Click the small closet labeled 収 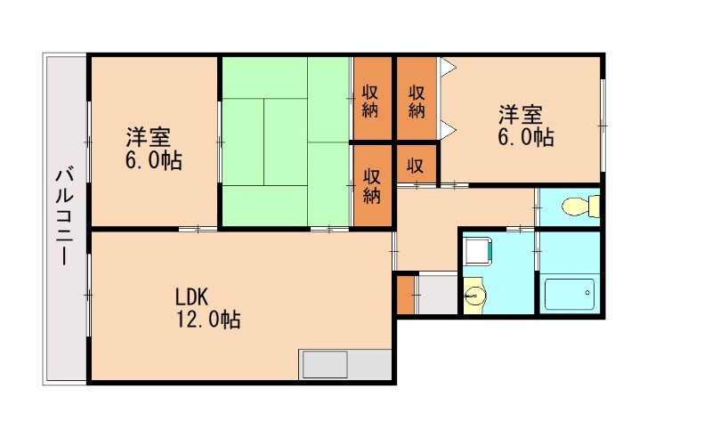point(416,165)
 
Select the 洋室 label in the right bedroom point(520,115)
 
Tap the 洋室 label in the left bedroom point(148,139)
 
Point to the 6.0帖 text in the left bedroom point(153,162)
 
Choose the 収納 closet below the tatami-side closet point(373,184)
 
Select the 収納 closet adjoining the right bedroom point(417,100)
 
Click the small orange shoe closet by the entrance point(405,295)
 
